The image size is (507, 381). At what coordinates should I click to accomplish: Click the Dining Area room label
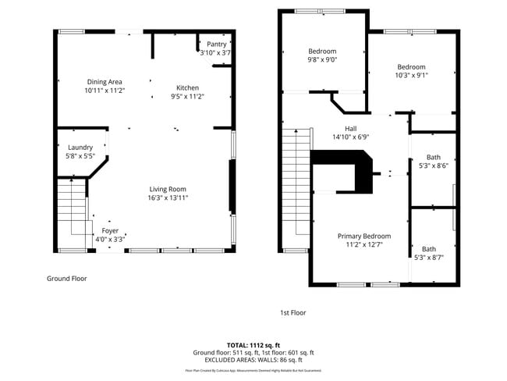[105, 82]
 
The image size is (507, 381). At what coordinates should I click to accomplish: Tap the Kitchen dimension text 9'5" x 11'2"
[187, 97]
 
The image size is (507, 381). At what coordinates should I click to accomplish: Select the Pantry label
[216, 45]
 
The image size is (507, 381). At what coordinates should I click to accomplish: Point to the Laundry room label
[80, 148]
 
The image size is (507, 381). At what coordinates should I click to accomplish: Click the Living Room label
[168, 189]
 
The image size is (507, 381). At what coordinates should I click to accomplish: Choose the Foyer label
[110, 231]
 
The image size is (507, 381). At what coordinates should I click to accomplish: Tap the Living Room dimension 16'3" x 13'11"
[168, 198]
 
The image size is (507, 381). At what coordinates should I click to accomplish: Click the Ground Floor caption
[67, 278]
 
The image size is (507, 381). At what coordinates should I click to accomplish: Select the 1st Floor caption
[292, 312]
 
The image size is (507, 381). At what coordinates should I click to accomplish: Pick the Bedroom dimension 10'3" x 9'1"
[410, 76]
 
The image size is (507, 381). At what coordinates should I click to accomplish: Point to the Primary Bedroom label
[363, 236]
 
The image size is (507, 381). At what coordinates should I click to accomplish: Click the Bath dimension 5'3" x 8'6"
[433, 166]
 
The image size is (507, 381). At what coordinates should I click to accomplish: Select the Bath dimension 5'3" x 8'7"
[428, 258]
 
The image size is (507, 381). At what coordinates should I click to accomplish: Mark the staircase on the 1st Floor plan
[296, 187]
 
